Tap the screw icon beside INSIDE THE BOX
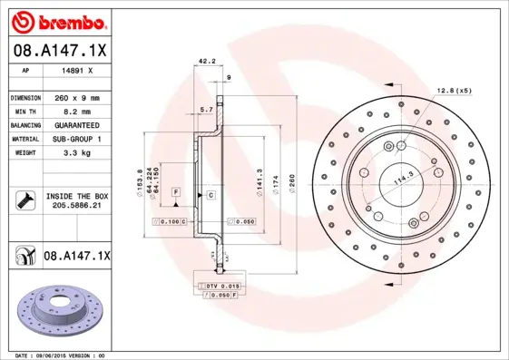tap(22, 199)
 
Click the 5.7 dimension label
tap(205, 110)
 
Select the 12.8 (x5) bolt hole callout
tap(454, 90)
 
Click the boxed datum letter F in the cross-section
tap(176, 193)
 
